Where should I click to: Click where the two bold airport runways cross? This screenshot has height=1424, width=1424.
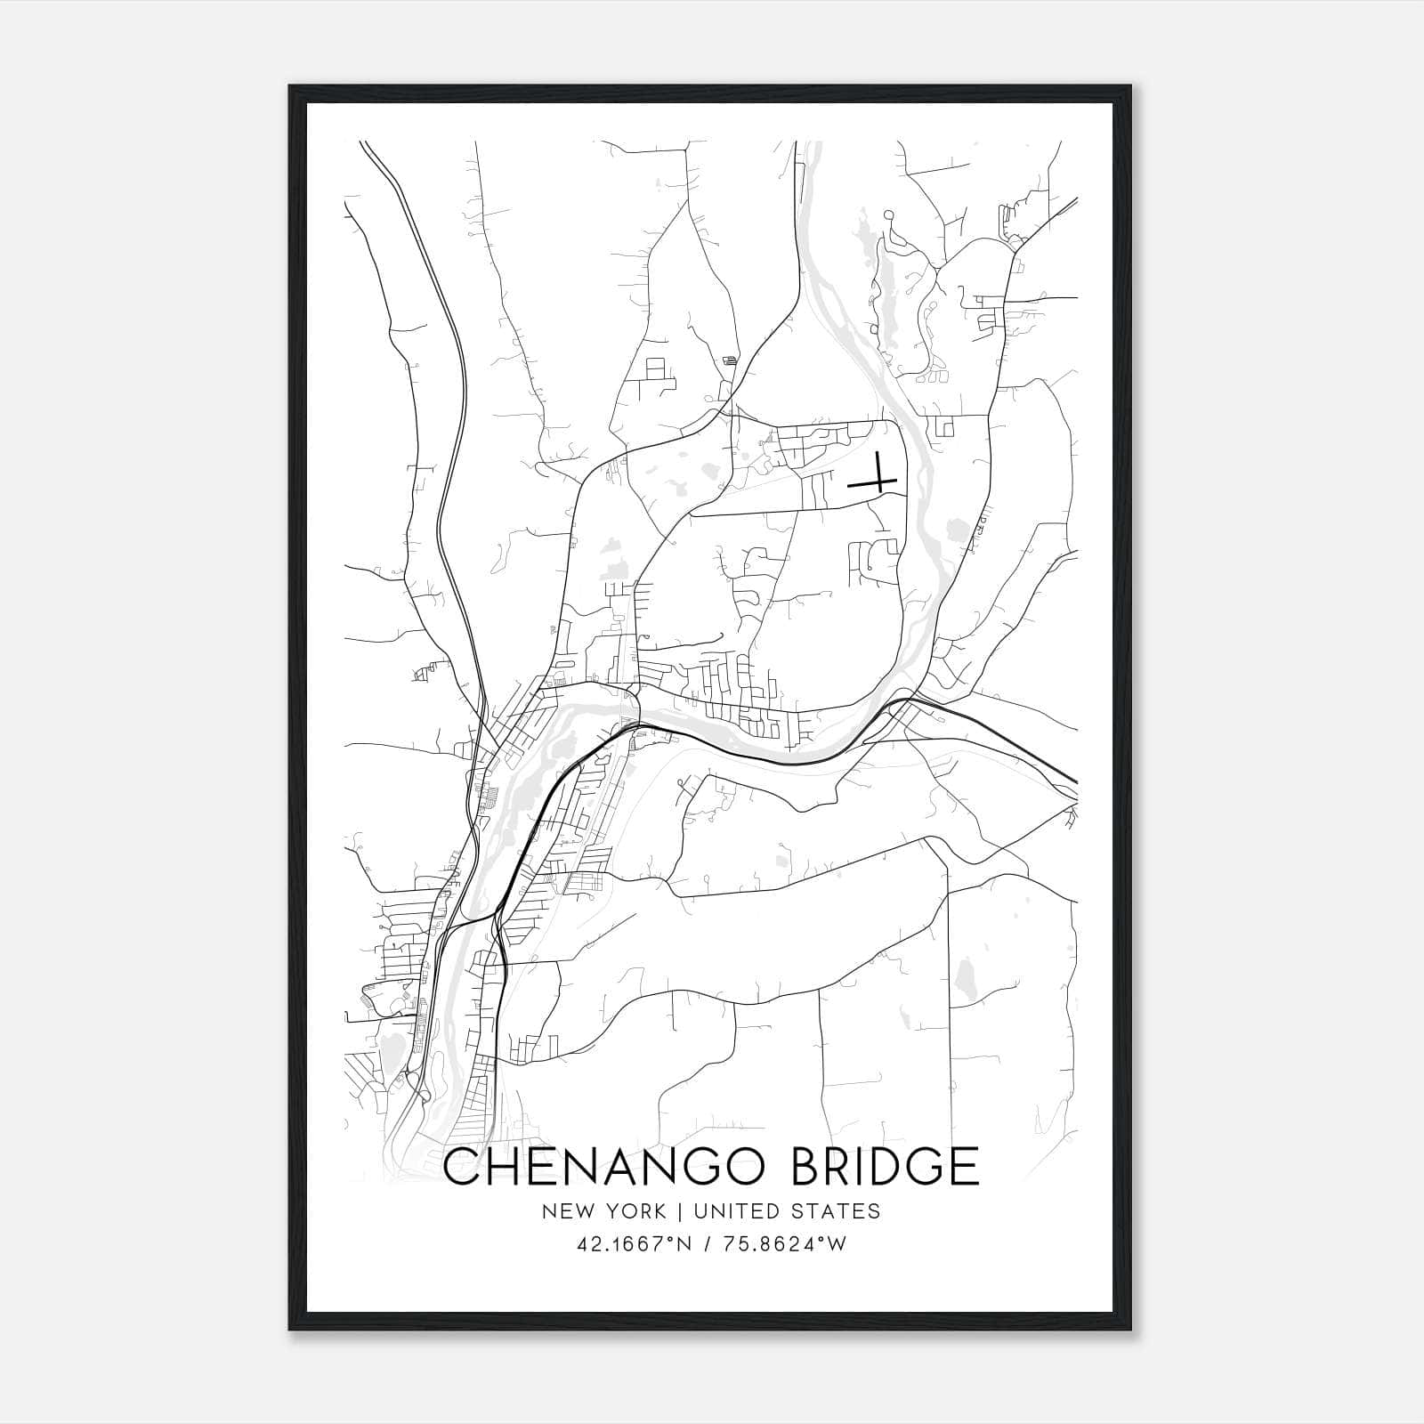click(x=878, y=483)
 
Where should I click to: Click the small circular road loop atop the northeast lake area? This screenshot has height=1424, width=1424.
click(x=887, y=214)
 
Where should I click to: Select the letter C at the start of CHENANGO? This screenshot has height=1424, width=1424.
click(x=463, y=1168)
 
